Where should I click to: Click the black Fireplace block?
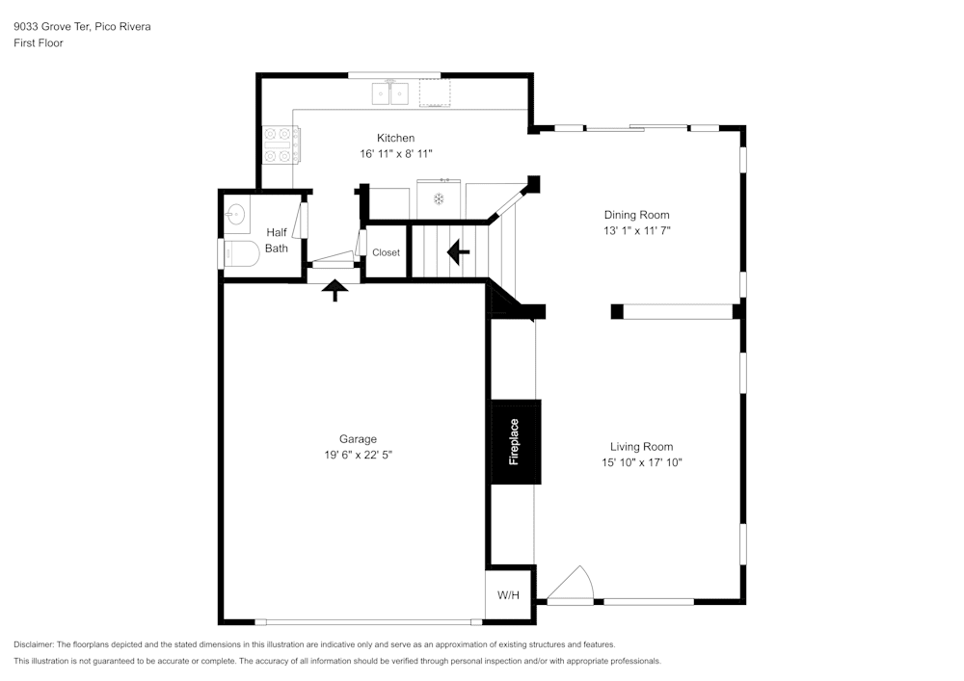(x=515, y=441)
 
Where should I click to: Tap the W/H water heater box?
(x=508, y=595)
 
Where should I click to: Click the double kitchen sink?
(x=390, y=93)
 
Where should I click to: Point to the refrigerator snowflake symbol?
(x=438, y=199)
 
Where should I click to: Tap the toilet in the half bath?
(x=241, y=255)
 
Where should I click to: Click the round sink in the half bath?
(x=235, y=215)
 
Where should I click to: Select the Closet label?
(x=386, y=252)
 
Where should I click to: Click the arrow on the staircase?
(x=458, y=252)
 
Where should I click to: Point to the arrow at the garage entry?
(x=335, y=290)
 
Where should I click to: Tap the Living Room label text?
(x=641, y=447)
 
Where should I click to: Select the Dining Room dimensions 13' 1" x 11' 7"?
(x=636, y=231)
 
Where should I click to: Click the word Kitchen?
(x=395, y=138)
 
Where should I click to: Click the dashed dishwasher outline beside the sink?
(x=435, y=93)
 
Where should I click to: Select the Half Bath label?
(x=277, y=240)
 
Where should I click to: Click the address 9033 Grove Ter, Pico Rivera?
(x=82, y=27)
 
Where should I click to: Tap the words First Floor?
(x=39, y=43)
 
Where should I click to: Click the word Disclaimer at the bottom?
(x=34, y=644)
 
